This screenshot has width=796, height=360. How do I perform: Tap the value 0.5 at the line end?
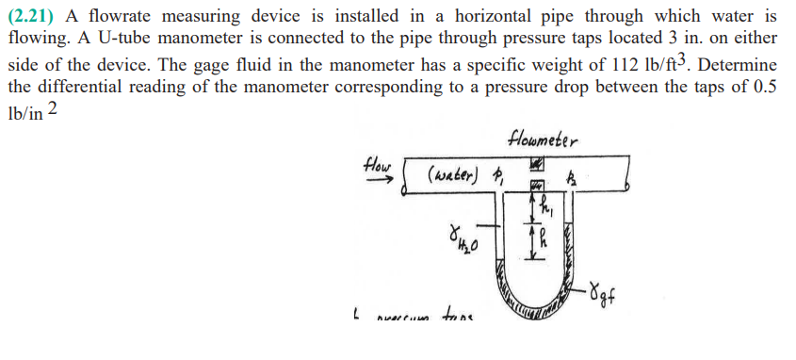pyautogui.click(x=763, y=89)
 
